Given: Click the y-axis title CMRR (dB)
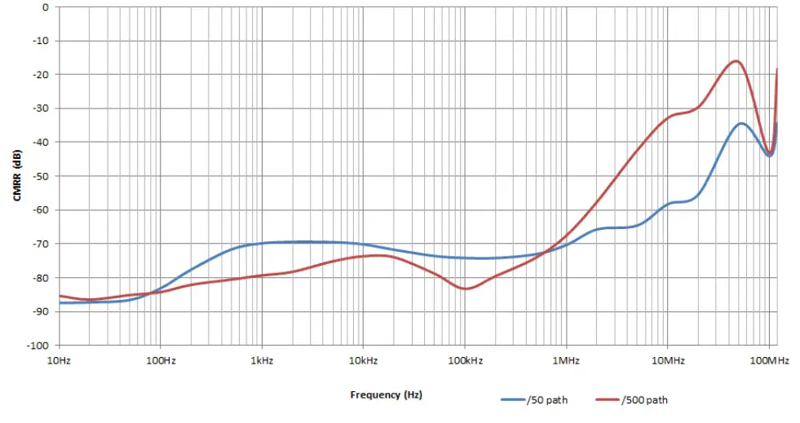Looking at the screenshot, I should coord(16,175).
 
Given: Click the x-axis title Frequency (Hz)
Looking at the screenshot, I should coord(386,394).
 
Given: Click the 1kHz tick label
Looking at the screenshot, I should coord(261,359).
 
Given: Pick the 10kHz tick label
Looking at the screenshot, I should coord(362,359).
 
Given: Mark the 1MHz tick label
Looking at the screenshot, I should coord(565,359).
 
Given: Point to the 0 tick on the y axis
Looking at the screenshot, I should coord(45,7).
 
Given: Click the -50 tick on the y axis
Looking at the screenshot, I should coord(40,176).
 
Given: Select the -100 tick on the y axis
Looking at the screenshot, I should coord(38,345).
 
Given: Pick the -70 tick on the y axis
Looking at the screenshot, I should coord(40,244).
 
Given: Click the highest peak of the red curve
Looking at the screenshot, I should coord(736,60).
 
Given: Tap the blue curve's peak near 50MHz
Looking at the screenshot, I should coord(740,123).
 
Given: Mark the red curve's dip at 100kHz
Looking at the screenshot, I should coord(466,289).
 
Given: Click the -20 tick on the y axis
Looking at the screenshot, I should coord(40,75).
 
